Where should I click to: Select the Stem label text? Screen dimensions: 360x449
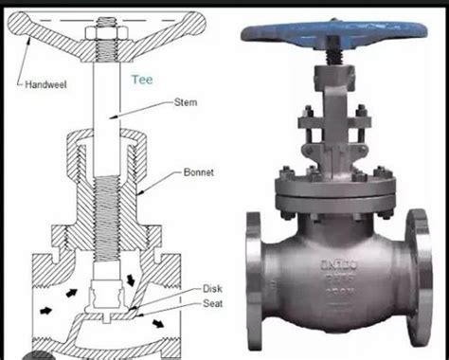tap(187, 101)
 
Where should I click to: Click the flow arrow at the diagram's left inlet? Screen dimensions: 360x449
tap(45, 309)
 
